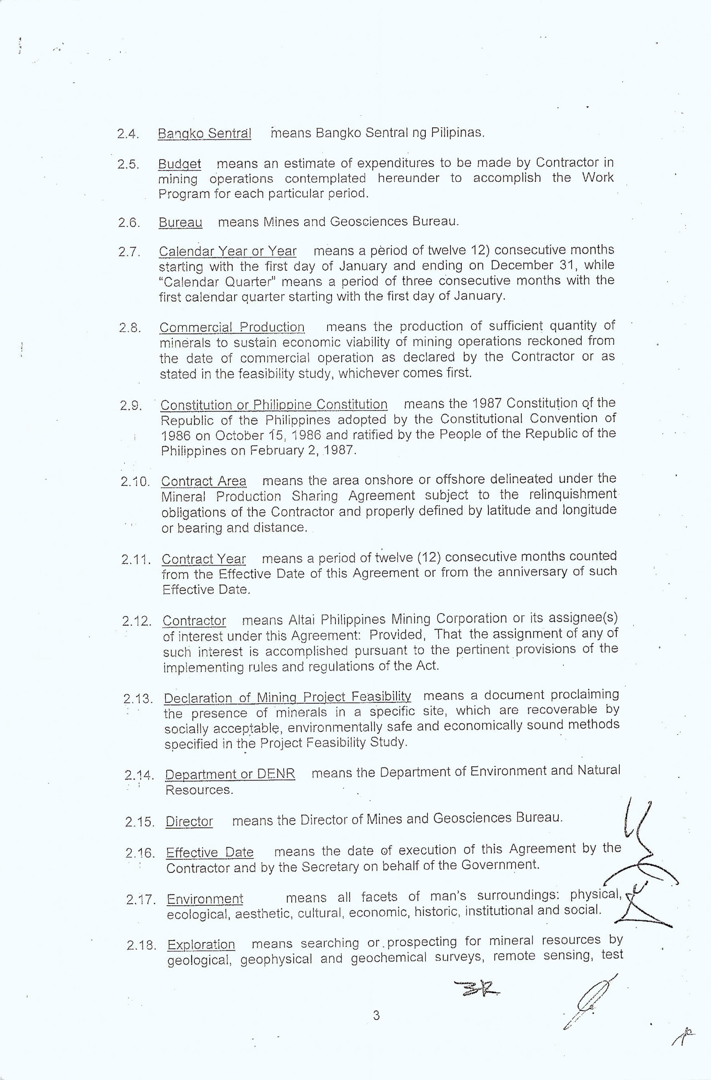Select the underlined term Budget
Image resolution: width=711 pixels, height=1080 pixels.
pyautogui.click(x=179, y=164)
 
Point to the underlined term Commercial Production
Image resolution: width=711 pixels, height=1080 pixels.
pyautogui.click(x=232, y=327)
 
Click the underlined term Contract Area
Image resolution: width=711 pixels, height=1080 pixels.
pyautogui.click(x=204, y=481)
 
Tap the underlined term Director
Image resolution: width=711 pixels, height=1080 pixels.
pyautogui.click(x=189, y=821)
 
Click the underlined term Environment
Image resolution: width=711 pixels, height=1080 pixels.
pyautogui.click(x=205, y=899)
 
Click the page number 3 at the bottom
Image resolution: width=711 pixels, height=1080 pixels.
pyautogui.click(x=376, y=1016)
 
